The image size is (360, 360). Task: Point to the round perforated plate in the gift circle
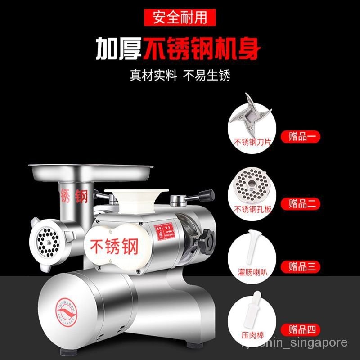pos(251,185)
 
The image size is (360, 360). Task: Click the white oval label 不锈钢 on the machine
pos(115,245)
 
